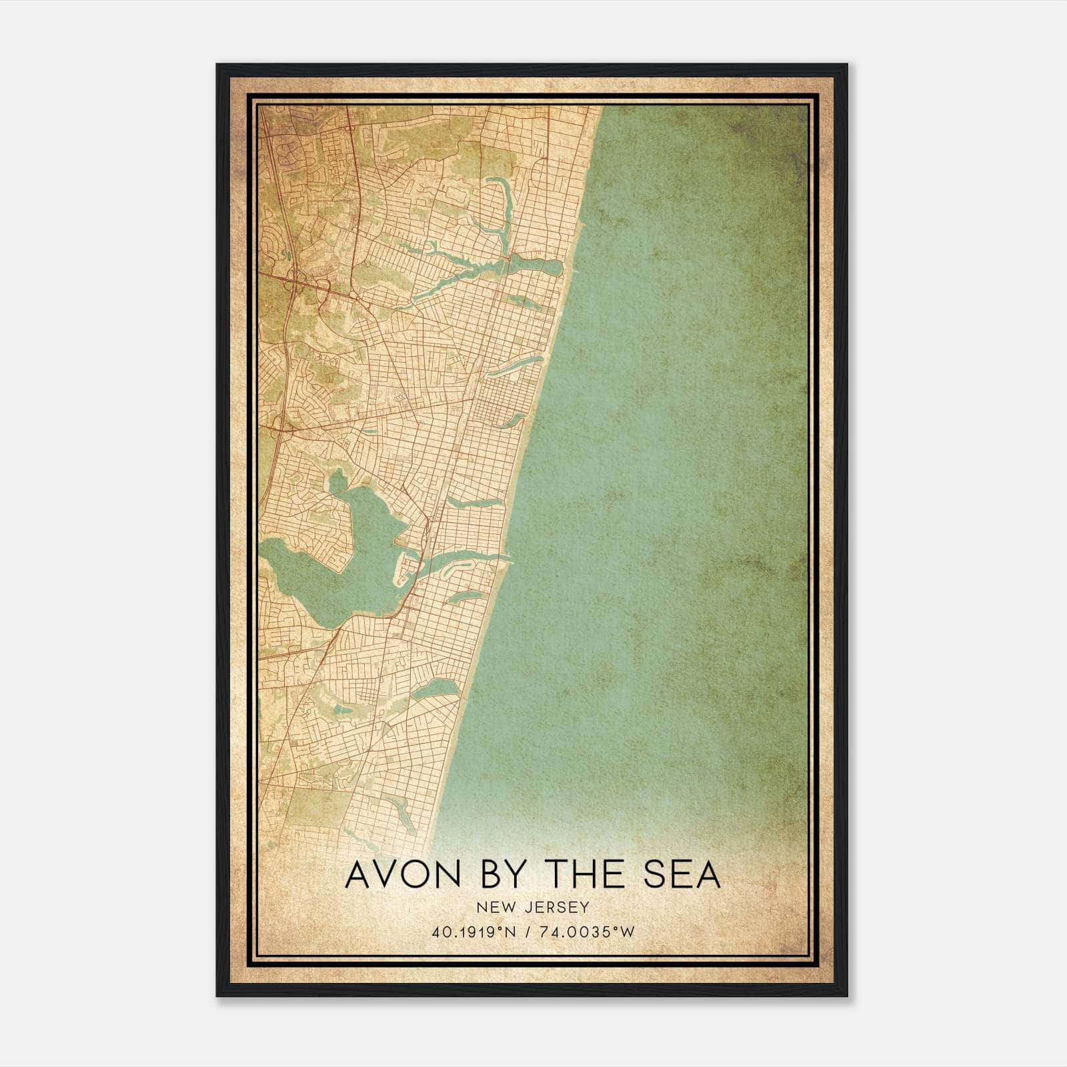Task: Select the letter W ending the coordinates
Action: [628, 932]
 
